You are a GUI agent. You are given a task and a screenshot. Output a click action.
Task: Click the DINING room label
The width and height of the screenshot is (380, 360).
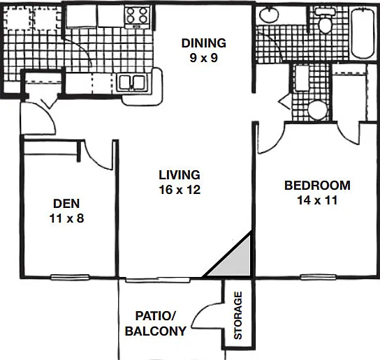[204, 43]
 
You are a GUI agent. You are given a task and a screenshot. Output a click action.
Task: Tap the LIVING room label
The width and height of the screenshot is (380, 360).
[180, 175]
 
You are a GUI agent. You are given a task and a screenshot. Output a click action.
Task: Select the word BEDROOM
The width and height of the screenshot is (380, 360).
[317, 186]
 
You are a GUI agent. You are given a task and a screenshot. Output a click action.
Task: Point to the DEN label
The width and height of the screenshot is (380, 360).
[66, 204]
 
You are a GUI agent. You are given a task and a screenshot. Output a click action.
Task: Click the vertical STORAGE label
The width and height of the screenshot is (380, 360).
[238, 315]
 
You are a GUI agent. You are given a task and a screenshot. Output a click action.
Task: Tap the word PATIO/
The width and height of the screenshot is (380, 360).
[155, 316]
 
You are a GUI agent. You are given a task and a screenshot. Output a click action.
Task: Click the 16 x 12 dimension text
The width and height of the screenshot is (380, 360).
[180, 190]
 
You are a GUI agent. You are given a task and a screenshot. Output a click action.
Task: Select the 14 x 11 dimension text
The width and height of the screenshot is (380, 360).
[317, 200]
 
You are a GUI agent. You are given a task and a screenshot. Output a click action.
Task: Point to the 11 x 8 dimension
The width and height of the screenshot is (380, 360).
[66, 218]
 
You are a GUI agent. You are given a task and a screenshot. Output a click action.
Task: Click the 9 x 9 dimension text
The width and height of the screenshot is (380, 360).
[204, 58]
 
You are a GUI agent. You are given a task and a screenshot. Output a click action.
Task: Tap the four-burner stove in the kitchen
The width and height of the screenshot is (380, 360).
[138, 16]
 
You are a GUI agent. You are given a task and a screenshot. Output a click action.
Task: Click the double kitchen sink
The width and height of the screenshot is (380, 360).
[131, 82]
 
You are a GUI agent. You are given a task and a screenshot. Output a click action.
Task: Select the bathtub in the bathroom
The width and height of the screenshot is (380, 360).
[363, 33]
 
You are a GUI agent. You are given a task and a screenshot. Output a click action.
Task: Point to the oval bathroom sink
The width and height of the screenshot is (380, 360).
[269, 14]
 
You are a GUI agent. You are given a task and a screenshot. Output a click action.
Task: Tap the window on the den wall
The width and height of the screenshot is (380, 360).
[70, 277]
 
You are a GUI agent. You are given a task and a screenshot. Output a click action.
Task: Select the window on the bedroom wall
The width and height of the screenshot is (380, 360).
[319, 277]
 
